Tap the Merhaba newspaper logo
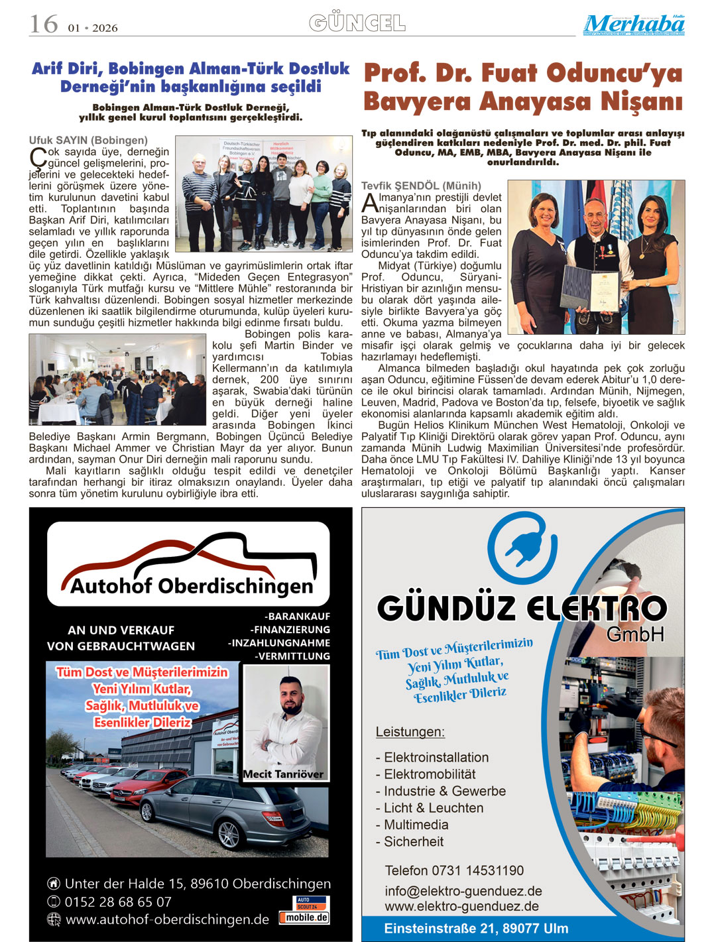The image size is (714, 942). [634, 25]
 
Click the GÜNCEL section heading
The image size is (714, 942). [357, 24]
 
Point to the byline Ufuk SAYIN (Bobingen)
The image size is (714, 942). [88, 140]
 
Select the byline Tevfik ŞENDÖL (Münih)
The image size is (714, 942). [421, 186]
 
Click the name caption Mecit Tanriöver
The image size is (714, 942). [283, 774]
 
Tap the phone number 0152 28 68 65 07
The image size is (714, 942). [117, 902]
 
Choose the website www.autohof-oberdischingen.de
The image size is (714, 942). [167, 919]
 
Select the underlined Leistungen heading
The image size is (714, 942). [410, 732]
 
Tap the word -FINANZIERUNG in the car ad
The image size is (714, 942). [290, 630]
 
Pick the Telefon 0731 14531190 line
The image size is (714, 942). [454, 870]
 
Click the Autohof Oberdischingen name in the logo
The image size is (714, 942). [191, 586]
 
